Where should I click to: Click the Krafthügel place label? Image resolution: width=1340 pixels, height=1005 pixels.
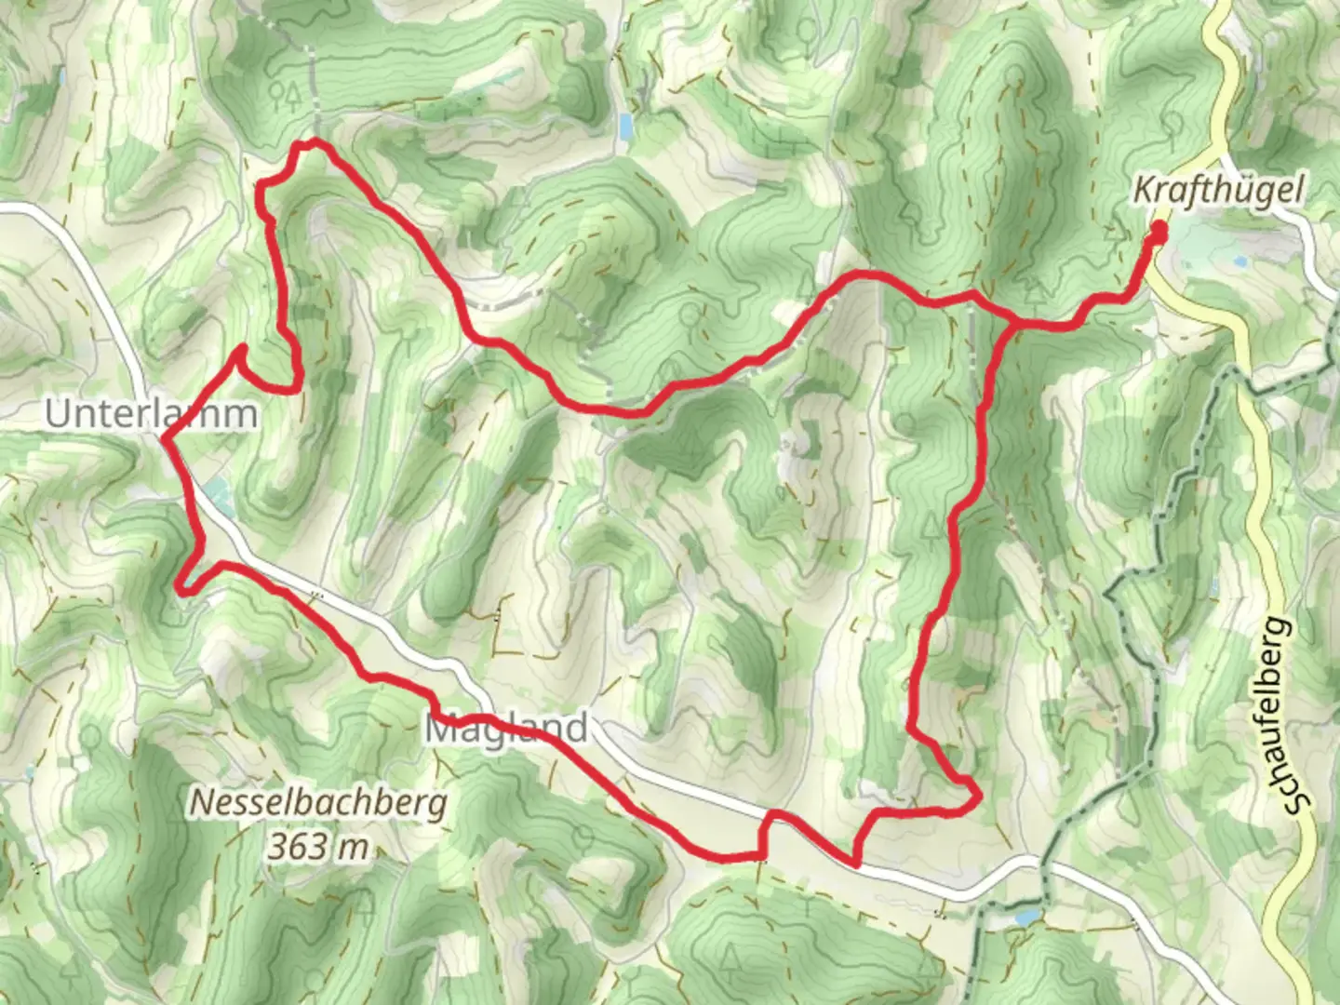[x=1206, y=191]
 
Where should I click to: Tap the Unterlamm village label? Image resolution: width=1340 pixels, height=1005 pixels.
[x=151, y=414]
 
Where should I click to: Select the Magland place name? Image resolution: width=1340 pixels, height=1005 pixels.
[x=507, y=728]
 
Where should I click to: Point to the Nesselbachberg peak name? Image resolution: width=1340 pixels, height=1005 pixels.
[x=318, y=802]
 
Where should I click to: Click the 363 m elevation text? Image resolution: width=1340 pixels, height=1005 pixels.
[x=318, y=847]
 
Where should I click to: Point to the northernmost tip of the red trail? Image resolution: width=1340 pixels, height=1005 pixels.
[x=312, y=142]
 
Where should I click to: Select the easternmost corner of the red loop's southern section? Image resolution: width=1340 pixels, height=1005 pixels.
[x=978, y=797]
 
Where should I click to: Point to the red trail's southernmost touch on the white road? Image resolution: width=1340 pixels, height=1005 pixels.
[x=854, y=861]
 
